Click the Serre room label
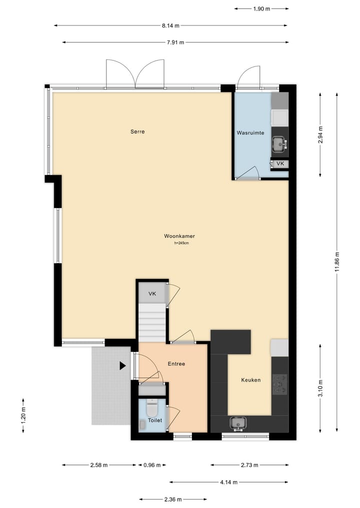point(137,132)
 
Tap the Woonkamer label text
point(179,236)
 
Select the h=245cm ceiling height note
point(181,243)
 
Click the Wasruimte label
point(250,133)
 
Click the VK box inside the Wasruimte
point(280,164)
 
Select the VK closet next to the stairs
point(152,294)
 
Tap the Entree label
point(176,364)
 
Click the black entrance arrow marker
point(122,366)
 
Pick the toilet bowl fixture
point(152,409)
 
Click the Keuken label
point(250,380)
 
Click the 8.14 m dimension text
point(170,25)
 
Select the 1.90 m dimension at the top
point(261,8)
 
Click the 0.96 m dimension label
point(152,465)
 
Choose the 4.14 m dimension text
point(228,482)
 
